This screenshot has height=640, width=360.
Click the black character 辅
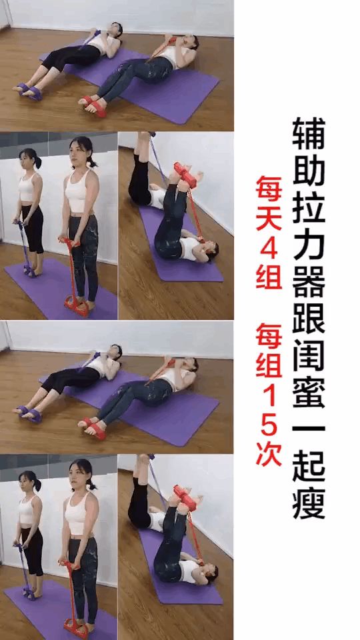coord(309,133)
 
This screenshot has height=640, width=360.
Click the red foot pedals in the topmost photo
coord(93,105)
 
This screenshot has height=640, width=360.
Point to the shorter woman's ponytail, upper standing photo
coord(38,162)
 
